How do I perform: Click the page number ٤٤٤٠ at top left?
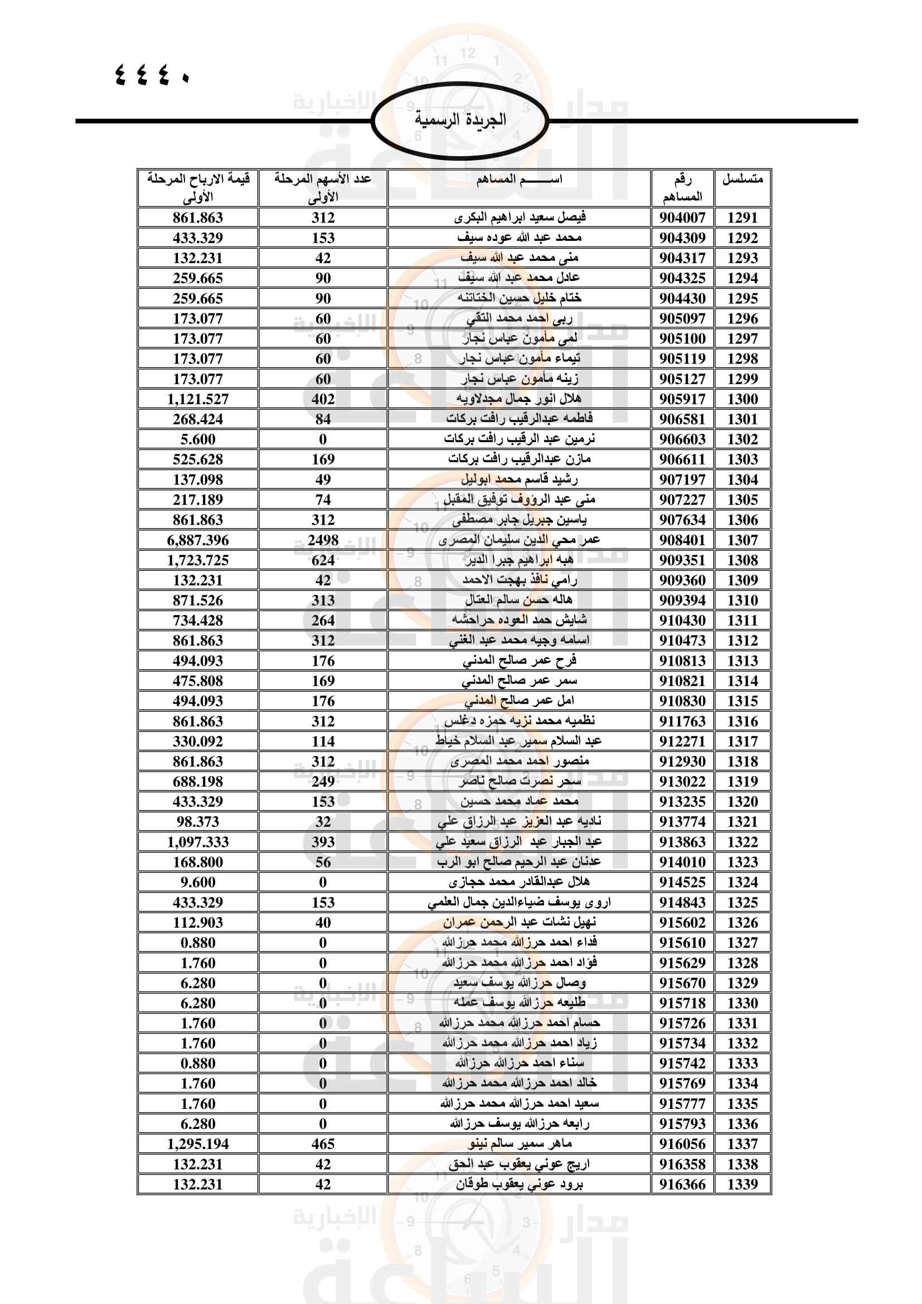tap(152, 74)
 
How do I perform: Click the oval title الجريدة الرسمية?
tap(460, 120)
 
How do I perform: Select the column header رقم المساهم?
tap(682, 188)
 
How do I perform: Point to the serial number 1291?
tap(742, 217)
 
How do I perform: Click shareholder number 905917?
tap(682, 399)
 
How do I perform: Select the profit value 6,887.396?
tap(197, 540)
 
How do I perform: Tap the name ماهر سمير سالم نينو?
tap(519, 1143)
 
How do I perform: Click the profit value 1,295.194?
tap(197, 1144)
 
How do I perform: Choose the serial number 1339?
tap(742, 1184)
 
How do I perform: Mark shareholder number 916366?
tap(682, 1184)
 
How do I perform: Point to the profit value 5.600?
tap(197, 439)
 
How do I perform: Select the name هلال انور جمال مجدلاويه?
tap(519, 399)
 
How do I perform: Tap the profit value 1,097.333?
tap(197, 842)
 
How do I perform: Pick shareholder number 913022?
tap(682, 782)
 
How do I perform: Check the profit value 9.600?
tap(197, 882)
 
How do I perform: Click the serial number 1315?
tap(742, 701)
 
